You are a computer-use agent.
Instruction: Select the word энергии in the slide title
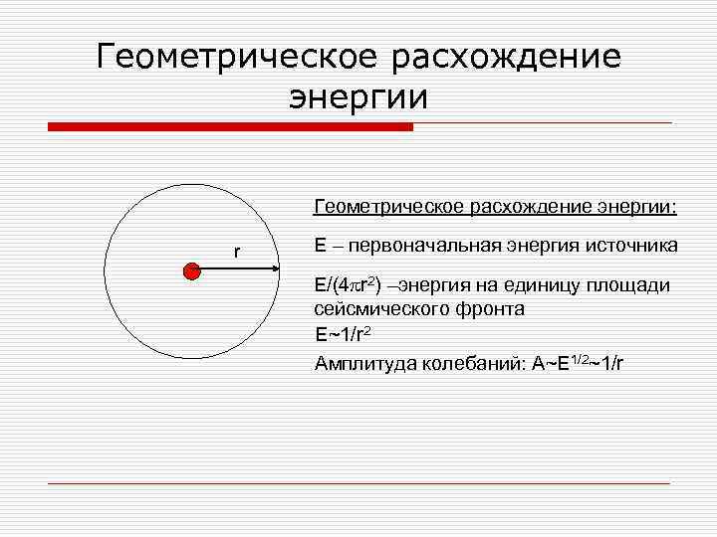358,97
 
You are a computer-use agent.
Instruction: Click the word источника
630,245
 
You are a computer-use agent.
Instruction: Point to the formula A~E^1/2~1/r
580,361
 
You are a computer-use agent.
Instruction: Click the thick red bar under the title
230,126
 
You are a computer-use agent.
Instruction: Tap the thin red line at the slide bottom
358,483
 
